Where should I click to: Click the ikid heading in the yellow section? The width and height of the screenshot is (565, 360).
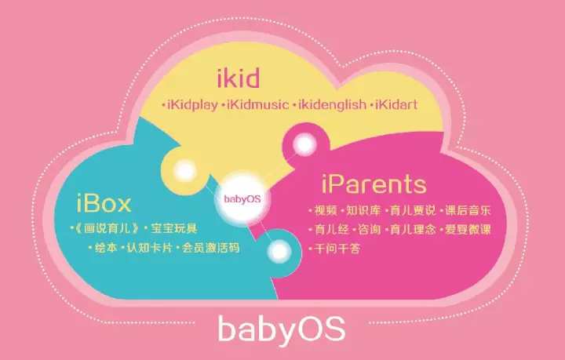tap(239, 78)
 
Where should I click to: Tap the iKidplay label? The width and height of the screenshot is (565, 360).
tap(192, 105)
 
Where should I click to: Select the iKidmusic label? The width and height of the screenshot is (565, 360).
tap(258, 105)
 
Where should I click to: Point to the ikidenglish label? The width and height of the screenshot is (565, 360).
tap(332, 105)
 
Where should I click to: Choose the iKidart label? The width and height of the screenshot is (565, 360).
tap(396, 105)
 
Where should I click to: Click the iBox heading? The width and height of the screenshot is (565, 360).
tap(104, 203)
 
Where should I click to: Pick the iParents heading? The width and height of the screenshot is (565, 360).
tap(374, 184)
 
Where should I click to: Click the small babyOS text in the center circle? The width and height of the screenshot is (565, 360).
tap(242, 199)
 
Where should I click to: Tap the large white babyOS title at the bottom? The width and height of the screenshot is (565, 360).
tap(282, 329)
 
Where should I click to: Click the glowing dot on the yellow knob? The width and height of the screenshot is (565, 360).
tap(185, 171)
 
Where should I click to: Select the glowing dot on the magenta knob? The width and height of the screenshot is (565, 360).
tap(304, 145)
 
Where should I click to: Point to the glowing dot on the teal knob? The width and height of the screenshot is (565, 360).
tap(279, 251)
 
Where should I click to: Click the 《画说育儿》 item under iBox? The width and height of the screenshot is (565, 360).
tap(105, 228)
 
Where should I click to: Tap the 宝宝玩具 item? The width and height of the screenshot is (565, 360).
tap(173, 228)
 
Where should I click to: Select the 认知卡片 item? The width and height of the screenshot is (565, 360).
tap(149, 248)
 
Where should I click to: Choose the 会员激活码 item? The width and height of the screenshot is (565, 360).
tap(210, 248)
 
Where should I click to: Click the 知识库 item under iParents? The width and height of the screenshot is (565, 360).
tap(363, 211)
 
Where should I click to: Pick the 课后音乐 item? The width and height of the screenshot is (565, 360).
tap(468, 211)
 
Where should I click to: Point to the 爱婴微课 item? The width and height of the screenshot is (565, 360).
tap(468, 230)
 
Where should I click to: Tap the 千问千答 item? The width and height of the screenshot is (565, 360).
tap(337, 249)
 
